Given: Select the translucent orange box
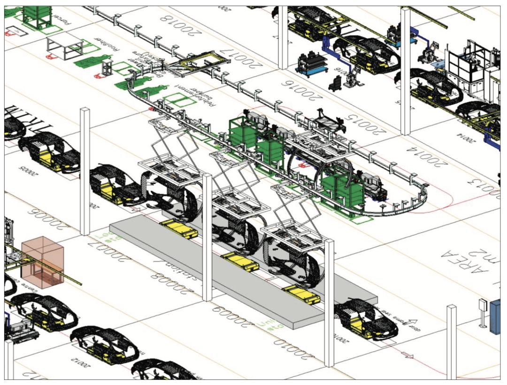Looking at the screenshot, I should point(42,262).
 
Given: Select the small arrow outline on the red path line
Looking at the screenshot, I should point(408,355).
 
